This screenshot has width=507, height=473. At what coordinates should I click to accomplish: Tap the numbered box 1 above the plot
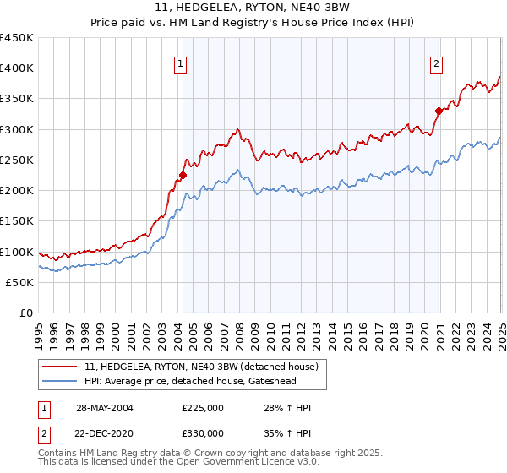[x=181, y=62]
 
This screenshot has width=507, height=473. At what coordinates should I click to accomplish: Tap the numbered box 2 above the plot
[x=436, y=62]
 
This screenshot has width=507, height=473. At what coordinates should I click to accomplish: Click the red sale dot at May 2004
[x=182, y=176]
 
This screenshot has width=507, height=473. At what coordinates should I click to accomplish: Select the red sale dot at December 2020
[x=439, y=111]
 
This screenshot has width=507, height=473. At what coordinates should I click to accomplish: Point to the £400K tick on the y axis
[x=17, y=68]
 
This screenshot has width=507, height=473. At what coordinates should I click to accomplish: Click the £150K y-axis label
[x=17, y=221]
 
